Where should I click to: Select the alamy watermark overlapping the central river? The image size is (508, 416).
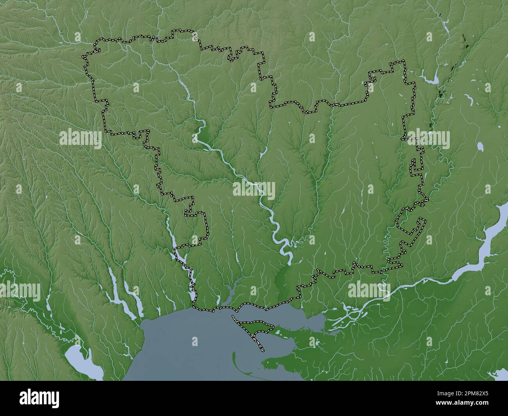tap(254, 190)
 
